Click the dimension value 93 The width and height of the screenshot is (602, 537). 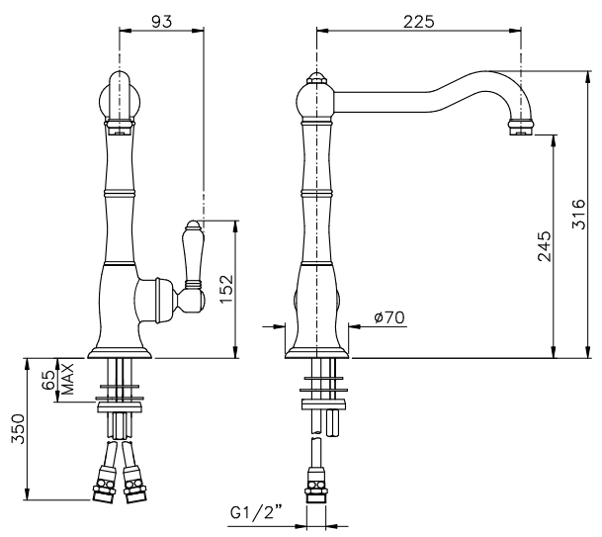pos(162,22)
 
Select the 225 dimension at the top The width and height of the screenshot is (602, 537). pos(418,22)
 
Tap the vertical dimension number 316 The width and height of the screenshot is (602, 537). pos(578,214)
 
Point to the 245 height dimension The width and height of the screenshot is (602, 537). pos(544,246)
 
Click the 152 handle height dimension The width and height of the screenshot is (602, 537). pos(226,288)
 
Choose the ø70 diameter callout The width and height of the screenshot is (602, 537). pos(389,317)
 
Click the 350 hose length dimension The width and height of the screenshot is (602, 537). pos(18,428)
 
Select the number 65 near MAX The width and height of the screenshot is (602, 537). pos(49,381)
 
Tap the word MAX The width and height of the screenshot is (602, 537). pos(67,380)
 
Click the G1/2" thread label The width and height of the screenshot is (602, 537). pos(256,512)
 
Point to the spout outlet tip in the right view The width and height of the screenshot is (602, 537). pos(520,129)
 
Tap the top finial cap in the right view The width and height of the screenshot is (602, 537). pos(316,78)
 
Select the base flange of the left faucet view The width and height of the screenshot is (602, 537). pos(120,353)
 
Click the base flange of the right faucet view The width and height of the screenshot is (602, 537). pos(316,353)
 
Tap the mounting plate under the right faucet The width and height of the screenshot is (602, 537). pos(323,404)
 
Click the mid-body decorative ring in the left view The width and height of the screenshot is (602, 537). pos(120,193)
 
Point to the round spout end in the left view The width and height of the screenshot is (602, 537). pos(120,97)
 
